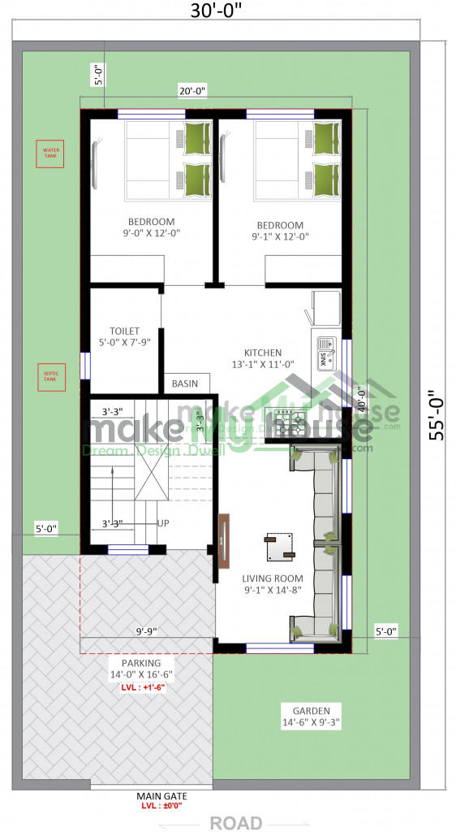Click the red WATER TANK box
[x=51, y=154]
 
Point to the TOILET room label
[x=125, y=331]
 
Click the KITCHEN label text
[x=263, y=353]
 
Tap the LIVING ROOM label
[x=273, y=578]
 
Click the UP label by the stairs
[x=163, y=522]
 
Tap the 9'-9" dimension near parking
[x=145, y=630]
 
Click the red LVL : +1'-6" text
[x=142, y=687]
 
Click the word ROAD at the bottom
[x=236, y=822]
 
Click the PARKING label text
[x=142, y=663]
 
